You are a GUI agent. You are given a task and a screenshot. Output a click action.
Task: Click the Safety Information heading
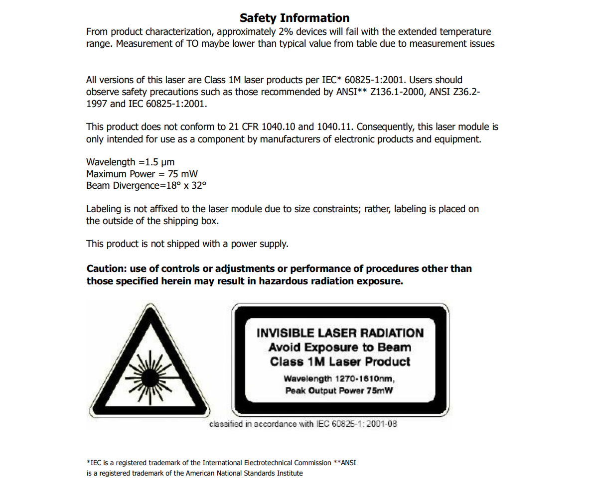coord(295,18)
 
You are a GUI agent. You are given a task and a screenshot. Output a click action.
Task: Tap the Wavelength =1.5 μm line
coord(130,162)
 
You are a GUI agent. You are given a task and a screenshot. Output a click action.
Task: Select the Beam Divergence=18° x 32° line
coord(146,186)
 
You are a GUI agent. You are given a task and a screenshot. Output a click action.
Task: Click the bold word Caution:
coord(107,269)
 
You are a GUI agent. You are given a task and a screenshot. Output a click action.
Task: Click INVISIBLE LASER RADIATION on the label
coord(340,333)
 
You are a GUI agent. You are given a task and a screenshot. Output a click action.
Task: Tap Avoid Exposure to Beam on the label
coord(340,347)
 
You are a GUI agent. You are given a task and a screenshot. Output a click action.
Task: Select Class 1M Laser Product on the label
coord(340,362)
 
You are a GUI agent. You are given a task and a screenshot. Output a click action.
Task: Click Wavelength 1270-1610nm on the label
coord(340,378)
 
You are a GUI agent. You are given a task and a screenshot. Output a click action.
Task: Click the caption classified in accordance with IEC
coord(303,424)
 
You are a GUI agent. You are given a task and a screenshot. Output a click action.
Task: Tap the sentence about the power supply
coord(187,244)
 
